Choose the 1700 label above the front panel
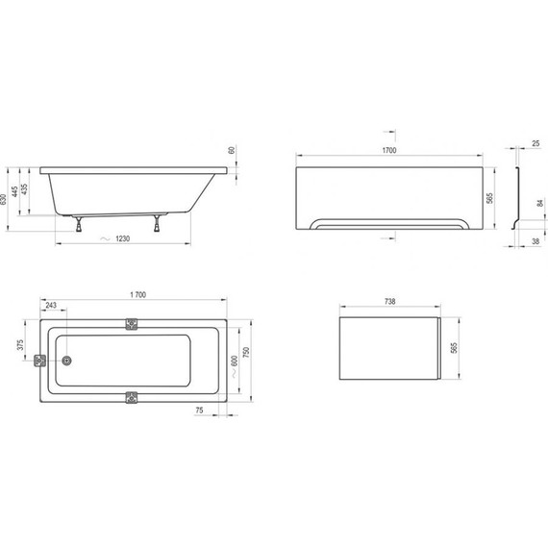coord(390,151)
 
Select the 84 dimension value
coord(540,204)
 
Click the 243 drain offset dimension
coord(50,306)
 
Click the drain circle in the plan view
coord(66,361)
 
